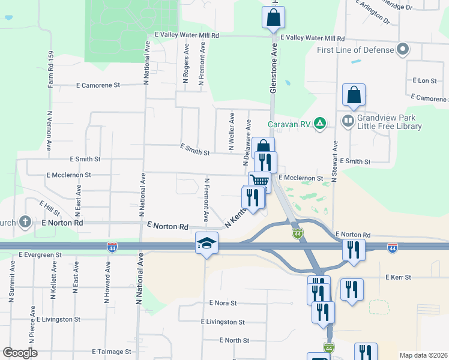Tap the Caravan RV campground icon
[x=321, y=124]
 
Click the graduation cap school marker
[x=206, y=243]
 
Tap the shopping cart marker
[x=259, y=180]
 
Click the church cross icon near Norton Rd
[x=25, y=222]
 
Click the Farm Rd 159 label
[x=50, y=70]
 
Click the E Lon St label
[x=424, y=80]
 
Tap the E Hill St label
[x=49, y=209]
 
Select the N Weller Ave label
[x=231, y=131]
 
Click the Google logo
[x=20, y=353]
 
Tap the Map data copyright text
[x=423, y=355]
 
